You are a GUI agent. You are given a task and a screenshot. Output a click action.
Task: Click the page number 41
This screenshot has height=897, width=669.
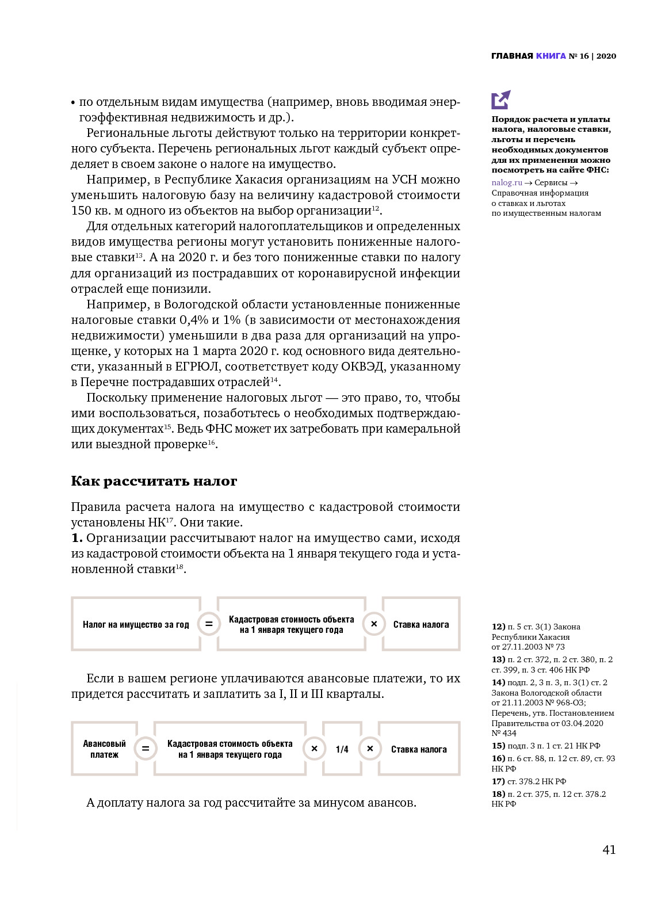point(609,850)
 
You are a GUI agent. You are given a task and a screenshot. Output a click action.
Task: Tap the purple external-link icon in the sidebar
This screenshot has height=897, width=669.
point(500,100)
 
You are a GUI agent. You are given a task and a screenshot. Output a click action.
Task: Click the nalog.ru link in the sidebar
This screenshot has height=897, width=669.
point(507,183)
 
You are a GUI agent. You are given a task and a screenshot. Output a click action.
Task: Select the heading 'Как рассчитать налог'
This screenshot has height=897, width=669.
point(154,481)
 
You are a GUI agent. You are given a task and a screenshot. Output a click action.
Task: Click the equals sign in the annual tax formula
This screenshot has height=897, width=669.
point(209,624)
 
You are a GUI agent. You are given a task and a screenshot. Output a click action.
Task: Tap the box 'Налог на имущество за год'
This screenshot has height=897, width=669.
point(136,624)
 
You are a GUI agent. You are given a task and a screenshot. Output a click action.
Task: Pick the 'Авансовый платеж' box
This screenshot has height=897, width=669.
point(104,749)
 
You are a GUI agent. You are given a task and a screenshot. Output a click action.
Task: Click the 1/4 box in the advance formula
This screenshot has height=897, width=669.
point(342,749)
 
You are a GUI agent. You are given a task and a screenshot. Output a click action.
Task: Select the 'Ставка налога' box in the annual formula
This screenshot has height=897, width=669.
point(421,624)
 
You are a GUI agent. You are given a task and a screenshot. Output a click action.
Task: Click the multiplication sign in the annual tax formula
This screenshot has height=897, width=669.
point(374,624)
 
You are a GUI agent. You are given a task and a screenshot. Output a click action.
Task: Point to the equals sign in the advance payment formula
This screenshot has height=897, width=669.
point(146,749)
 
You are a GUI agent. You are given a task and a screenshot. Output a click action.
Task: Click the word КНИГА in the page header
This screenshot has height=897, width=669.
point(551,56)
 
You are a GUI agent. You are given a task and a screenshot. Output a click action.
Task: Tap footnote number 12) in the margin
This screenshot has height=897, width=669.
point(498,627)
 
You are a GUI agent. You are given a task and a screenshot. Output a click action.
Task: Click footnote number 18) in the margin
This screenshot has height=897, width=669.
point(498,794)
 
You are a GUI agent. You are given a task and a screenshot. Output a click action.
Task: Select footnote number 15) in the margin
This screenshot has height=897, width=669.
point(498,746)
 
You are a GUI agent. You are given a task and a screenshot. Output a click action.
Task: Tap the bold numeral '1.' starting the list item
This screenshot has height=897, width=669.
point(77,538)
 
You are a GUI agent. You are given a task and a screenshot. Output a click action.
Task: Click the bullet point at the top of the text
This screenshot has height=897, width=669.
point(73,103)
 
